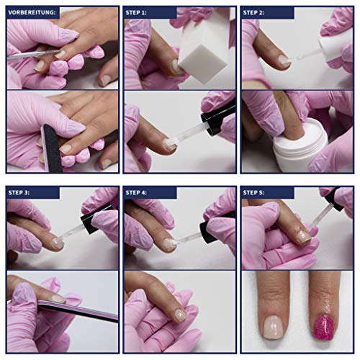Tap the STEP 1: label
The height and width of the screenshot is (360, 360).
coord(136,12)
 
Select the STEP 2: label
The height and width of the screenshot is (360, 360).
coord(253,12)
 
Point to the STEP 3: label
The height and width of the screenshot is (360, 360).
coord(19,192)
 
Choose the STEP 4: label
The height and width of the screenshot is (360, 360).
coord(136,192)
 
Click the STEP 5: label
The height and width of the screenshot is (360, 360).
coord(253,192)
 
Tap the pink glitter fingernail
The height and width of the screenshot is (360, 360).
coord(323,328)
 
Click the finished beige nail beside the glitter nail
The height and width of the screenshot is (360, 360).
coord(274,327)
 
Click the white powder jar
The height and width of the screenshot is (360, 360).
coord(300,144)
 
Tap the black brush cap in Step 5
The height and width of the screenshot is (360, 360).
coord(335,200)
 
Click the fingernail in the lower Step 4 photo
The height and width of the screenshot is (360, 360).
coord(181,315)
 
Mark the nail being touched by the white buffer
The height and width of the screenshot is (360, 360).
coord(176,67)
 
